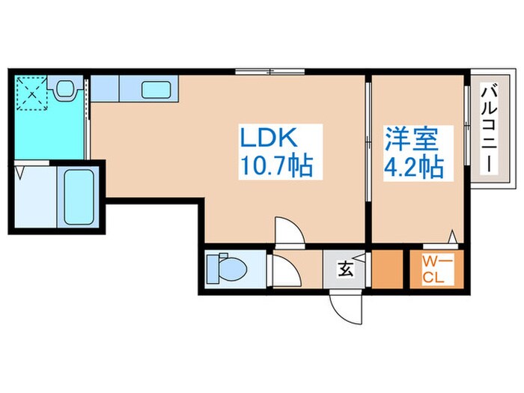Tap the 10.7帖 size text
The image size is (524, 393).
point(276,165)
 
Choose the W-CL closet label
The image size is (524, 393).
point(435,270)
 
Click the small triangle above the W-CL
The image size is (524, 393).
point(452,237)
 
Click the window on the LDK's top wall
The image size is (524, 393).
point(270,72)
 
